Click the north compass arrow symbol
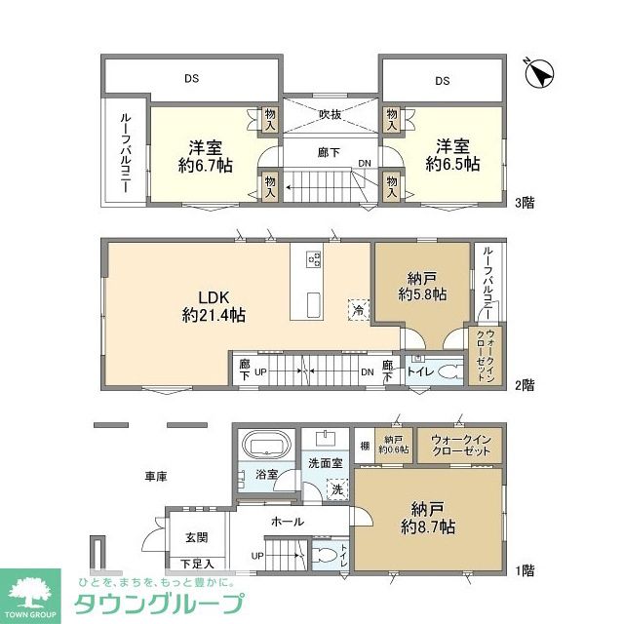tap(540, 73)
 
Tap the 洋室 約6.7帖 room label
tap(205, 156)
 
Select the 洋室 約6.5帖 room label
tap(452, 156)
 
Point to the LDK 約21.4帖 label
tap(213, 306)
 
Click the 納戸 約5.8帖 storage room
tap(422, 284)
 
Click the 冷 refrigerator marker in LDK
tap(358, 308)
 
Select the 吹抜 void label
tap(331, 114)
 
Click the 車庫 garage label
tap(156, 477)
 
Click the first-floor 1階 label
tap(525, 569)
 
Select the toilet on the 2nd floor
tap(449, 370)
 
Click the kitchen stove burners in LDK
tap(314, 259)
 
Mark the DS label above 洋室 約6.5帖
tap(442, 81)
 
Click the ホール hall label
tap(287, 522)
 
